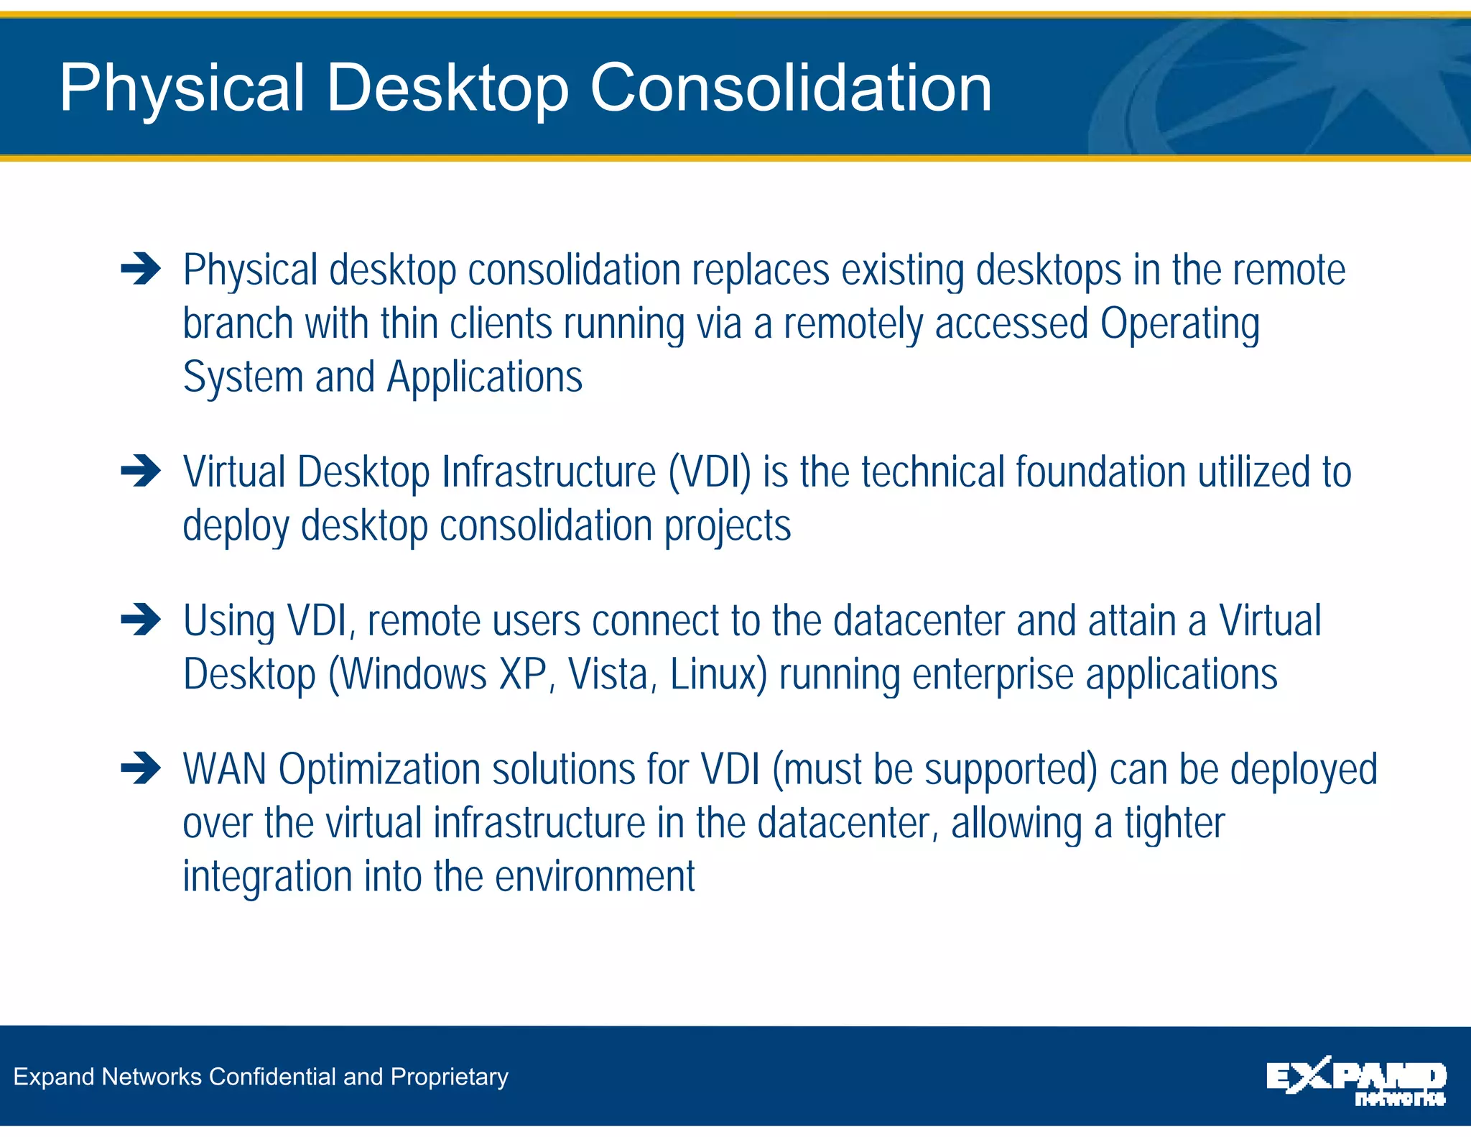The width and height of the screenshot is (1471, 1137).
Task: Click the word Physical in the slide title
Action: coord(182,88)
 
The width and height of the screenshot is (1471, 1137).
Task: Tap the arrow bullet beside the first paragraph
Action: coord(141,270)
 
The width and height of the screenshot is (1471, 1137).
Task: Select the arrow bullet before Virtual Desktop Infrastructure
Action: coord(141,471)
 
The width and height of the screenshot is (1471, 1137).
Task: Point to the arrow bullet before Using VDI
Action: coord(141,620)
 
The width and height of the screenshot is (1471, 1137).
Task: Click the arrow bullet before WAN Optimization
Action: coord(141,768)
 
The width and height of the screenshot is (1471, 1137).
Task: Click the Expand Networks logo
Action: coord(1355,1080)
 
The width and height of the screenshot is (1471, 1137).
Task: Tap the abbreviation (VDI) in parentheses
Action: coord(710,472)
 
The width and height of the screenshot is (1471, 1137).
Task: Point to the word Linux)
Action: coord(718,674)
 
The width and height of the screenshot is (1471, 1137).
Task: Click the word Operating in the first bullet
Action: coord(1179,323)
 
